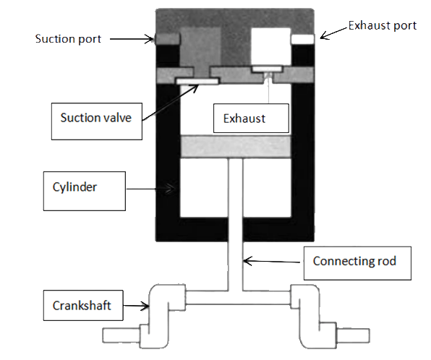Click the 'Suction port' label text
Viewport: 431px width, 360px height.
(69, 38)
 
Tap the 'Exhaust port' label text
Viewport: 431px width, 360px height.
(382, 26)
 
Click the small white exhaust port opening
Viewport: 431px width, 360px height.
(303, 38)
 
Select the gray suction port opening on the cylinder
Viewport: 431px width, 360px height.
(167, 38)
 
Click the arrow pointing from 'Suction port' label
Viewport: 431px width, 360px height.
(134, 38)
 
